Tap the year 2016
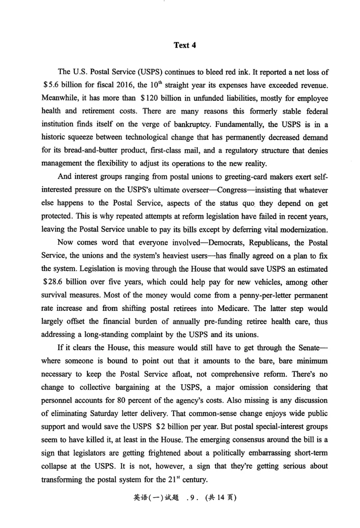[x=126, y=85]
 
